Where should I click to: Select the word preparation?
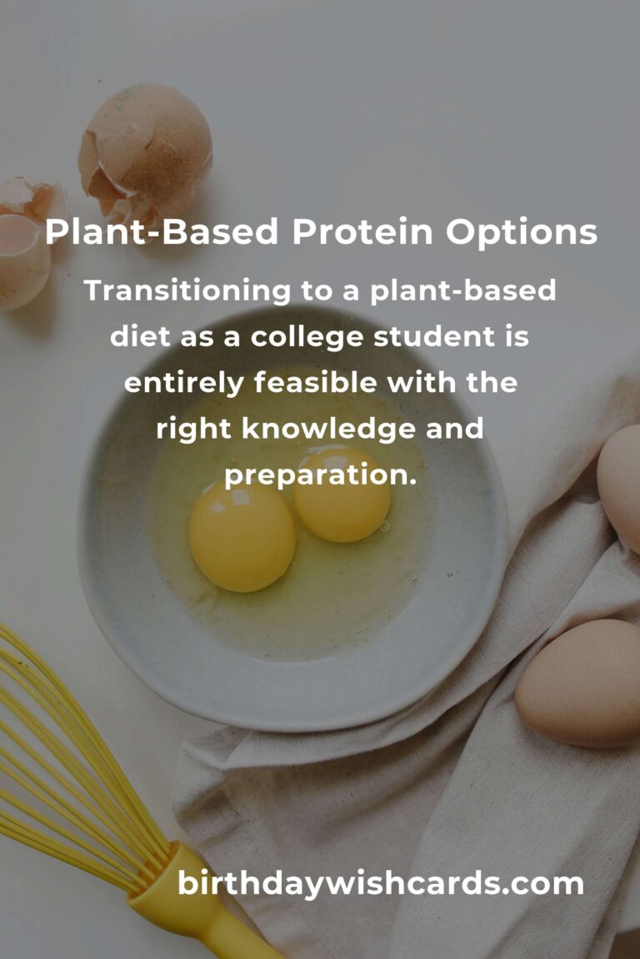point(319,476)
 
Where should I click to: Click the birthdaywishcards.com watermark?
point(380,883)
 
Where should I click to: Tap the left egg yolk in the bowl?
point(242,538)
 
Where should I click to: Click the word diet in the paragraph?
point(137,338)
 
